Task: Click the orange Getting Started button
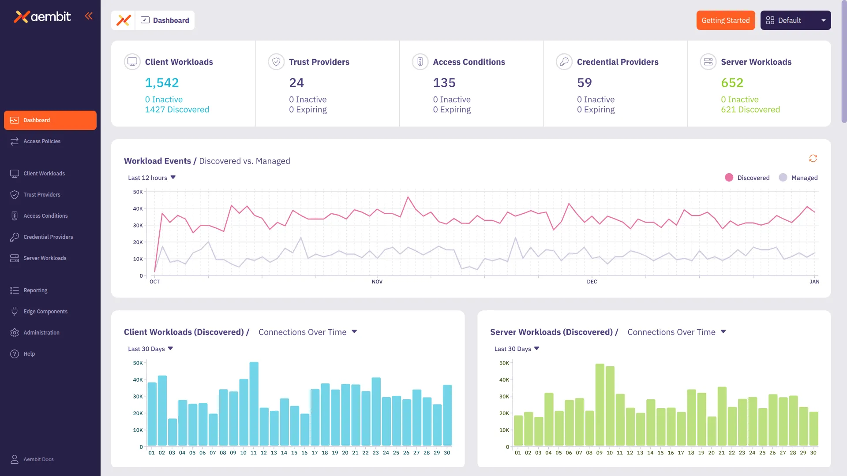click(x=725, y=20)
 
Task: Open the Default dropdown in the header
click(x=795, y=20)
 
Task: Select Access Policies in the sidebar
click(x=42, y=141)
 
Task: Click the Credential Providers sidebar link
click(x=48, y=237)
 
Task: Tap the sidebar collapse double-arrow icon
click(x=89, y=16)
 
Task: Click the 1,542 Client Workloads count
click(x=162, y=83)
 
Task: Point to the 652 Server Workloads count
click(x=732, y=83)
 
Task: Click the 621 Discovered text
click(x=750, y=110)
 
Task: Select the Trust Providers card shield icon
click(x=276, y=62)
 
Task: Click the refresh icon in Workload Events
click(x=813, y=158)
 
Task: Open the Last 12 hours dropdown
click(x=152, y=178)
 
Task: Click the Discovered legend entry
click(x=747, y=178)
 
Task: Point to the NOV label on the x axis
click(x=377, y=282)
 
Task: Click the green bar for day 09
click(x=600, y=404)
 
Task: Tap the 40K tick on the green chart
click(x=504, y=380)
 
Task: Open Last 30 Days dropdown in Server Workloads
click(x=517, y=349)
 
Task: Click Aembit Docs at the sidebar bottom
click(x=38, y=459)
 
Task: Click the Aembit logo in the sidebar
click(x=42, y=17)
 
